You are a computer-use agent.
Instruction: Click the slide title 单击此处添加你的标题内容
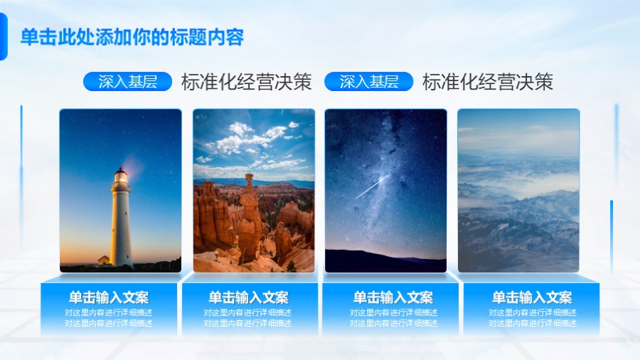click(132, 38)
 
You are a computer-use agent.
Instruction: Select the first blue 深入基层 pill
click(127, 82)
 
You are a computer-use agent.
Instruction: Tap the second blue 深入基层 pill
click(368, 82)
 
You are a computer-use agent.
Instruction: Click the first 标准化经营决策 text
click(246, 82)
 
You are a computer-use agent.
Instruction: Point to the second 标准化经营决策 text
click(487, 82)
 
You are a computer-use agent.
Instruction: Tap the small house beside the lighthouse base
click(104, 260)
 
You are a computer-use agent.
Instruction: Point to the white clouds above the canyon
click(249, 139)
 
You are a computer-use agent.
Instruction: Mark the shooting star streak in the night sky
click(372, 186)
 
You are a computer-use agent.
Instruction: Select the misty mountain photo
click(518, 190)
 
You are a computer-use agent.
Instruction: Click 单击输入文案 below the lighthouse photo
click(109, 297)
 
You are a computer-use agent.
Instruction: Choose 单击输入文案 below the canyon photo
click(248, 297)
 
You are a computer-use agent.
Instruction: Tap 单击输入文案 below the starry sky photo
click(393, 297)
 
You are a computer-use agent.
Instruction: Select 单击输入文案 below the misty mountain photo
click(532, 297)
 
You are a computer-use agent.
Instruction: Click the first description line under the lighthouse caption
click(109, 312)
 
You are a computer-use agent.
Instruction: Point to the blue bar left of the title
click(3, 37)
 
